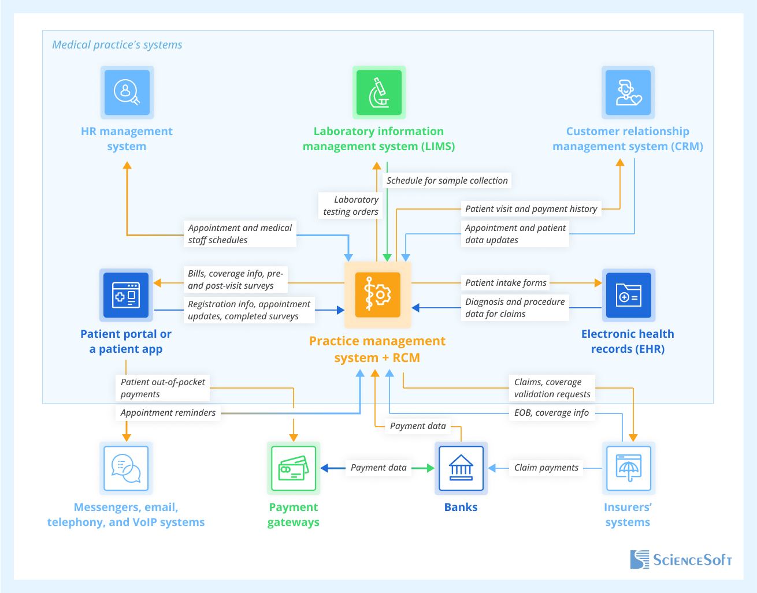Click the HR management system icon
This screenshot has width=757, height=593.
tap(127, 92)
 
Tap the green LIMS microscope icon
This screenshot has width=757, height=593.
tap(379, 92)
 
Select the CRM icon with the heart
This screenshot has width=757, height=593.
tap(628, 92)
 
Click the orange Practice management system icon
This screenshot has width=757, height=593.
tap(378, 295)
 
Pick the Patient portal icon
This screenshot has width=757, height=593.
tap(126, 295)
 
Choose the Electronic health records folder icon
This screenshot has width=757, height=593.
tap(628, 295)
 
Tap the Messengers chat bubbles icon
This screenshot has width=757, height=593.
tap(126, 468)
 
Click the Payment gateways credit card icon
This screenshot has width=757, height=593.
tap(294, 468)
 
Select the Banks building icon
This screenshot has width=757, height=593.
tap(461, 468)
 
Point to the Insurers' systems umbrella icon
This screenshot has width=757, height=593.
tap(628, 468)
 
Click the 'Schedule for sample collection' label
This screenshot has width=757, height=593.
tap(447, 180)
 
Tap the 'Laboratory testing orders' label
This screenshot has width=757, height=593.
tap(351, 206)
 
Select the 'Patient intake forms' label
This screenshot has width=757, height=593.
tap(506, 283)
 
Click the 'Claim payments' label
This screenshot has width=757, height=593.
tap(546, 468)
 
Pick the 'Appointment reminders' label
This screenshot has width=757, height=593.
tap(168, 413)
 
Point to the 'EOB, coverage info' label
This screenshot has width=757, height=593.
tap(551, 413)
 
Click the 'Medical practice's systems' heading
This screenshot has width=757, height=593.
tap(117, 45)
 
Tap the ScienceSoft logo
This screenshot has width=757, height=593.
tap(681, 560)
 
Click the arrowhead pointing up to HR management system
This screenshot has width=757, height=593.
tap(127, 166)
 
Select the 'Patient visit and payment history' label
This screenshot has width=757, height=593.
tap(531, 209)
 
